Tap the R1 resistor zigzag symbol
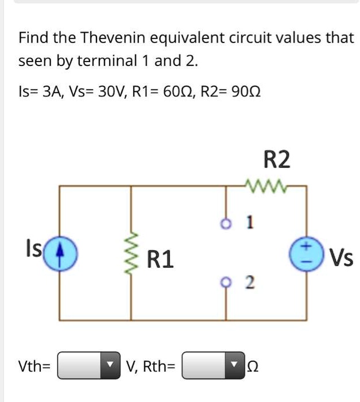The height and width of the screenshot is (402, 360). [134, 253]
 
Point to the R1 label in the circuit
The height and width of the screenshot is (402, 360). [161, 260]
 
